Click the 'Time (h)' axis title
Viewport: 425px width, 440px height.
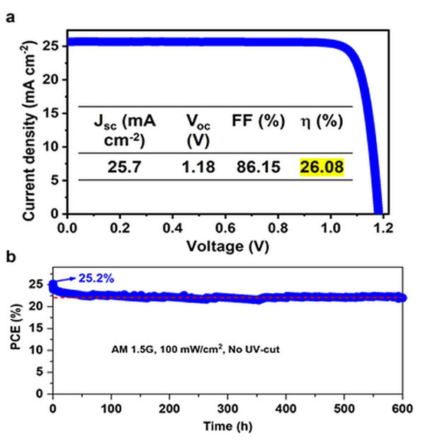pos(229,427)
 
